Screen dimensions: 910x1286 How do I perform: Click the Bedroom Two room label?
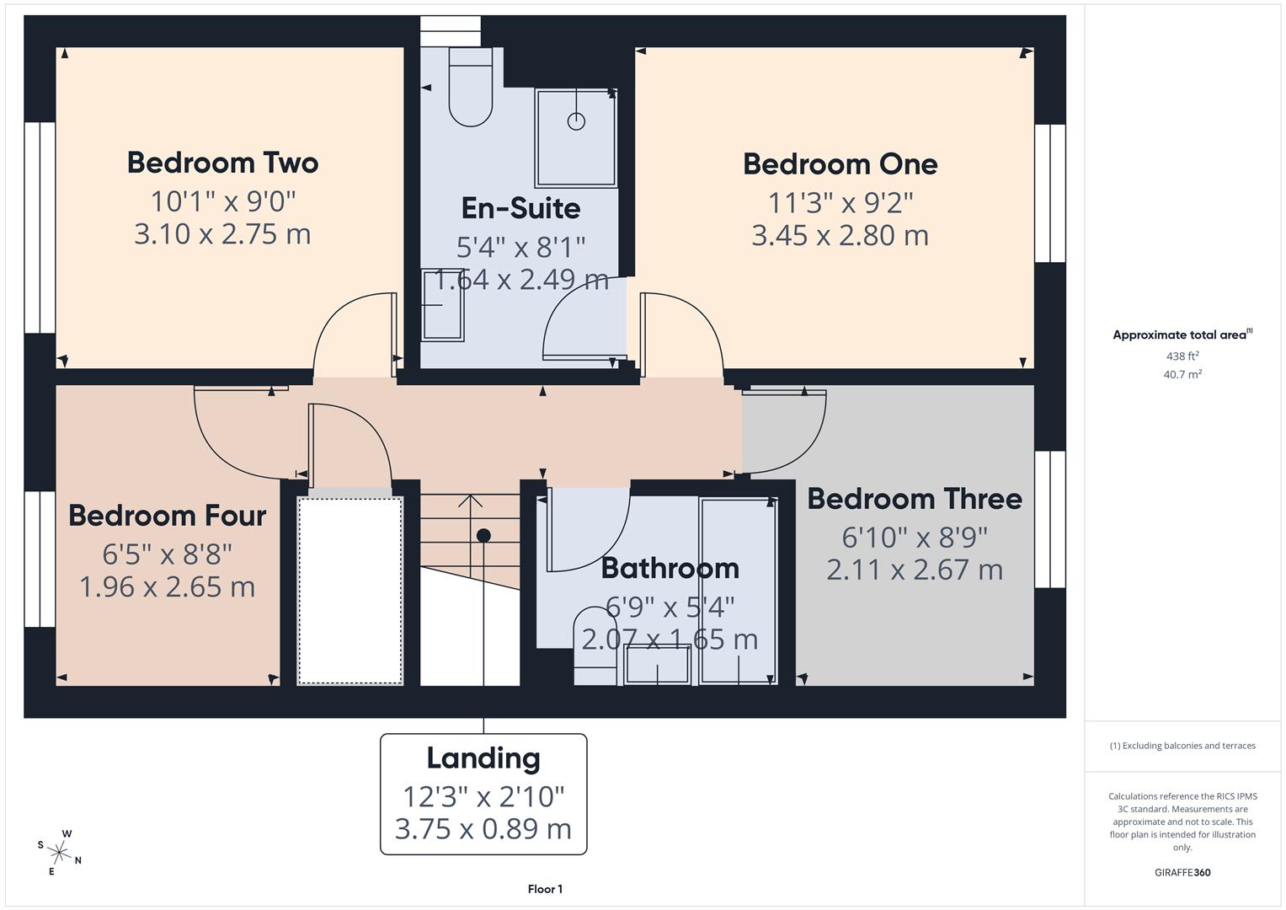(x=222, y=163)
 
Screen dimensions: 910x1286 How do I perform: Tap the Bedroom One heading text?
(x=840, y=164)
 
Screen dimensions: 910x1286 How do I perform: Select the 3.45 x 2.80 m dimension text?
(x=840, y=235)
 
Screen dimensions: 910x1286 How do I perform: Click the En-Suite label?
(x=520, y=208)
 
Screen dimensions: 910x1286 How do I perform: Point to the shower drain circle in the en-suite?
(x=576, y=121)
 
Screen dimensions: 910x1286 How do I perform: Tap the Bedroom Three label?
(x=914, y=499)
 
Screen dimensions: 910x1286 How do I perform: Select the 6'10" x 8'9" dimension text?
(x=914, y=537)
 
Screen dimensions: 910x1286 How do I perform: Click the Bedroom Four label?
(x=167, y=516)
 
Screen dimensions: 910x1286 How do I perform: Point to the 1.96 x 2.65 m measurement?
(x=167, y=586)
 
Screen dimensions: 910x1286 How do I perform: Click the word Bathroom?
(x=670, y=568)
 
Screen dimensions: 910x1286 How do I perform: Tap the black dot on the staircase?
(x=483, y=535)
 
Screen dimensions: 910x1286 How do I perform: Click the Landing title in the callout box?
(x=483, y=758)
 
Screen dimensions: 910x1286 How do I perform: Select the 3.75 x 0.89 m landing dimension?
(x=483, y=829)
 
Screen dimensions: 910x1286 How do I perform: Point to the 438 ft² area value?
(x=1182, y=356)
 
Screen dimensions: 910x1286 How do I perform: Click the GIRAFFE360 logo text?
(x=1182, y=873)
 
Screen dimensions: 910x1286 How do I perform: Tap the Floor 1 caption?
(x=545, y=889)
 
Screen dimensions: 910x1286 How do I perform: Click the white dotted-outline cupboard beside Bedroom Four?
(x=350, y=590)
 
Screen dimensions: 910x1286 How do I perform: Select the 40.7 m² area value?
(x=1182, y=375)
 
